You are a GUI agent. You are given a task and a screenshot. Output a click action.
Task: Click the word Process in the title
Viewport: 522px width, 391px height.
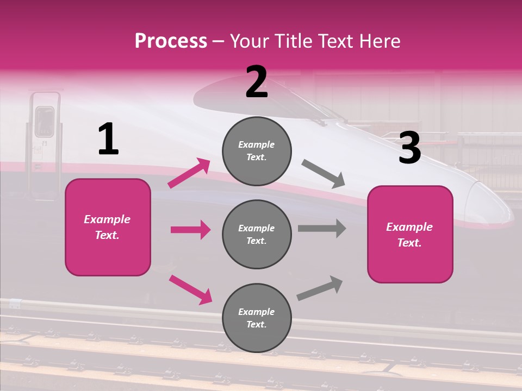click(x=171, y=41)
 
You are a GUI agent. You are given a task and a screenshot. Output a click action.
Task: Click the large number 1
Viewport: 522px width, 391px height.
click(x=108, y=139)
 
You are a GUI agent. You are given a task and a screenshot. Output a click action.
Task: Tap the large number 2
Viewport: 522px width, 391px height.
click(x=257, y=81)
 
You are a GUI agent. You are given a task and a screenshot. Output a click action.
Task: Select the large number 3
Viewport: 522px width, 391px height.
click(x=409, y=148)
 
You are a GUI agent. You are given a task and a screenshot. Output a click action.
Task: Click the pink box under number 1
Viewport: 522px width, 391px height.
click(x=108, y=227)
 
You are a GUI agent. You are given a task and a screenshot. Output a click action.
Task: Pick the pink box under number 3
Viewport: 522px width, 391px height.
click(x=410, y=235)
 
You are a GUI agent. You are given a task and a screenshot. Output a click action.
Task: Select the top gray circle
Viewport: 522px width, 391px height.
click(x=257, y=151)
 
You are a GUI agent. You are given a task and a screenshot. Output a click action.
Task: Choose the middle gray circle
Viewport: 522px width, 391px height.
click(x=257, y=235)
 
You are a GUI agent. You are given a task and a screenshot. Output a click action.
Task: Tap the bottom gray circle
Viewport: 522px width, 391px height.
click(x=257, y=318)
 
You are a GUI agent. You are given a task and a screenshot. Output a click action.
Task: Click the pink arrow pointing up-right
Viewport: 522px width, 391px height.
click(x=189, y=173)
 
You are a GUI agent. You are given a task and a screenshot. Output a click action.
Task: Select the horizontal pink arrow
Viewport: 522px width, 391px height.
click(x=190, y=230)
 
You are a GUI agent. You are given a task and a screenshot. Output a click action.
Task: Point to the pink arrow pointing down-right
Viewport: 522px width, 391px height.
click(x=190, y=289)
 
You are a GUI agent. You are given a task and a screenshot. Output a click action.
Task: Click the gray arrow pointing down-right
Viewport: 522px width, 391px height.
click(x=324, y=174)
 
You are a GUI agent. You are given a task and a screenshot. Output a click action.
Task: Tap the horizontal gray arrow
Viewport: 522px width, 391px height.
click(x=322, y=228)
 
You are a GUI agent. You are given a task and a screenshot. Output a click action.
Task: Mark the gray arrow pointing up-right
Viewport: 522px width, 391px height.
click(x=320, y=288)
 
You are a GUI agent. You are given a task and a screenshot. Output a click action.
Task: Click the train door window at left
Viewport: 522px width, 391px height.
click(x=45, y=121)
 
